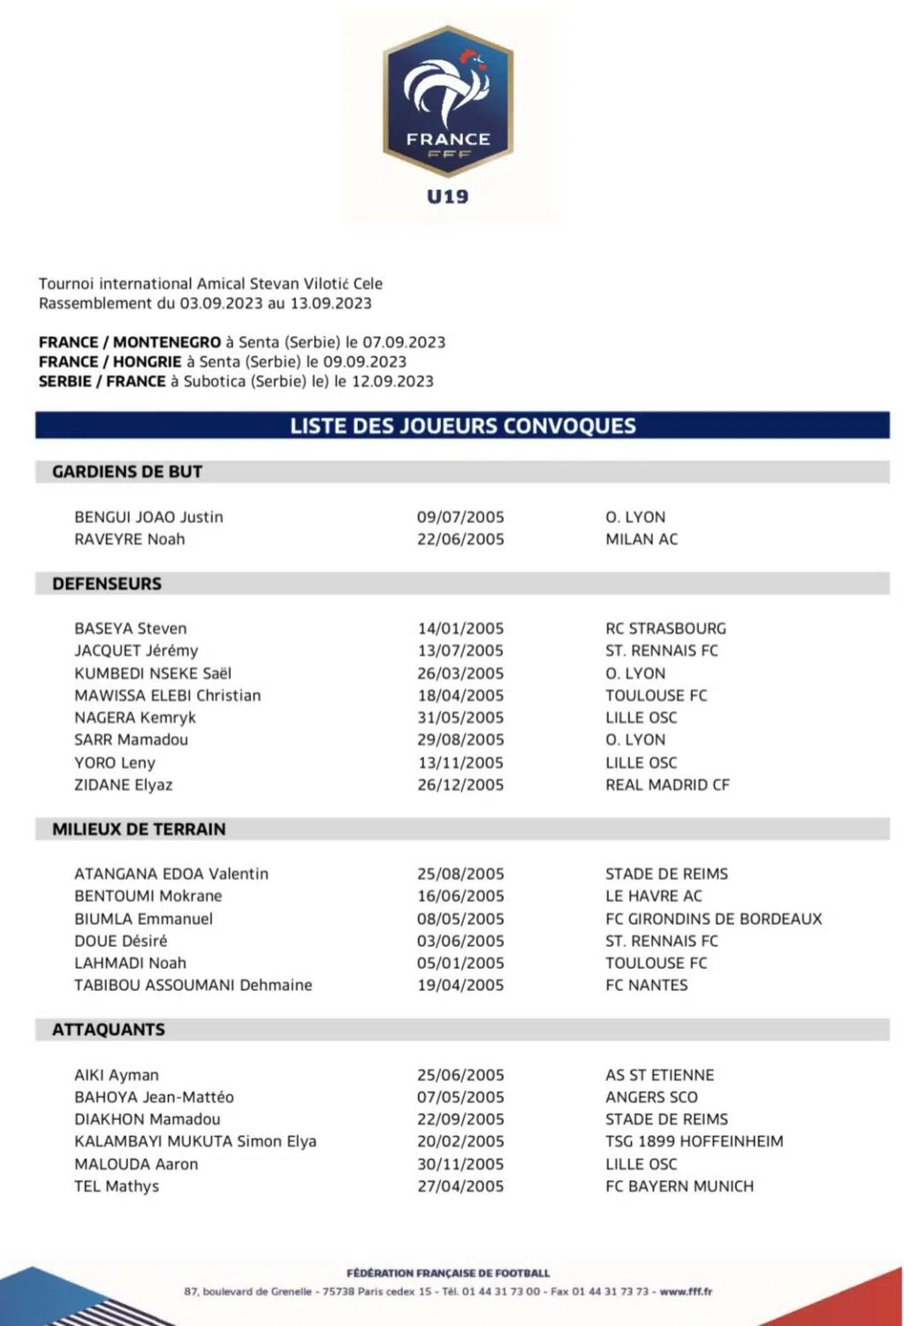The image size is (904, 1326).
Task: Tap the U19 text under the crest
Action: pos(448,196)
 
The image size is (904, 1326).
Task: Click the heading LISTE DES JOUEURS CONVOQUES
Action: pos(463,425)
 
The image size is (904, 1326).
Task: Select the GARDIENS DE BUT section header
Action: pos(127,471)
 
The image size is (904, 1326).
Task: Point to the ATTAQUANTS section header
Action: pos(109,1029)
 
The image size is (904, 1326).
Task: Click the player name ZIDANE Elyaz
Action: pos(124,784)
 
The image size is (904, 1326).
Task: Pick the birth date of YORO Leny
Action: pos(460,762)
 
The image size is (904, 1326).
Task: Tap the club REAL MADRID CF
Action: pos(667,784)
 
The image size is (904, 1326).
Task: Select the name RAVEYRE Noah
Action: pos(130,538)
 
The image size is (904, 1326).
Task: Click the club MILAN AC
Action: pos(642,538)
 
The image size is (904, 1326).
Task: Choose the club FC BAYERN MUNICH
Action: pos(680,1185)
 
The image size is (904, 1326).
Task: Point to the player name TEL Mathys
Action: pos(117,1185)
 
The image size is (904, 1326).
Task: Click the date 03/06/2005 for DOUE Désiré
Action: pos(460,941)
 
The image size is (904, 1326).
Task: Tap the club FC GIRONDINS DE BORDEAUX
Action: pos(713,918)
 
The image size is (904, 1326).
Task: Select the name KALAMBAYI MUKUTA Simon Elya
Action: pos(195,1141)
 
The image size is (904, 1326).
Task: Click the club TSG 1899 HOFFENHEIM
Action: pos(694,1141)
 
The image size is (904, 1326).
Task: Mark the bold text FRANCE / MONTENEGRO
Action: pos(130,342)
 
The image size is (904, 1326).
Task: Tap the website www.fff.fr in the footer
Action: pos(686,1292)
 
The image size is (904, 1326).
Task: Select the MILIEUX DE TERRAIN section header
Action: pos(139,829)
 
